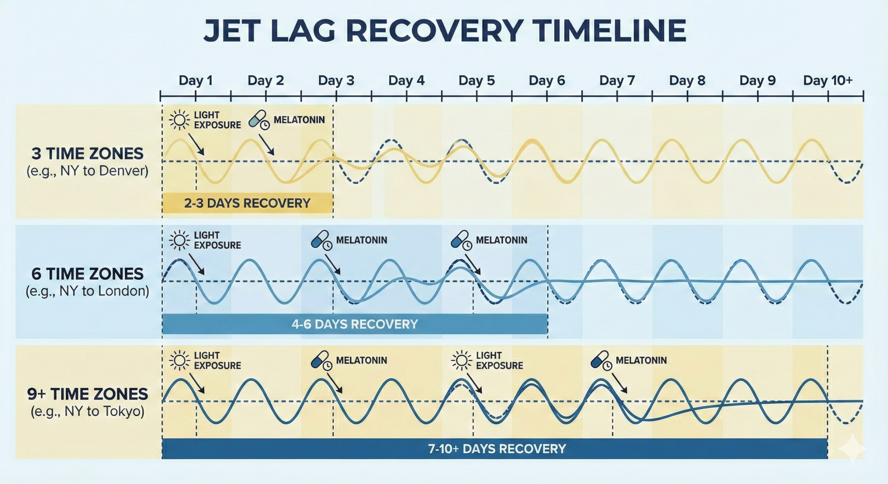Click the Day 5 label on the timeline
pyautogui.click(x=476, y=80)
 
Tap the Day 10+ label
pyautogui.click(x=828, y=80)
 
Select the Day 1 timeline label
pyautogui.click(x=195, y=80)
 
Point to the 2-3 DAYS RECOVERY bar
pyautogui.click(x=247, y=203)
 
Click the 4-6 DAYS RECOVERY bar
pyautogui.click(x=355, y=324)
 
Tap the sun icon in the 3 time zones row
pyautogui.click(x=179, y=120)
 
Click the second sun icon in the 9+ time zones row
pyautogui.click(x=461, y=361)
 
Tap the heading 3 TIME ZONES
pyautogui.click(x=87, y=154)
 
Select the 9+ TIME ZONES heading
pyautogui.click(x=87, y=394)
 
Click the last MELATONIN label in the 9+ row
pyautogui.click(x=641, y=361)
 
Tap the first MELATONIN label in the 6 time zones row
pyautogui.click(x=361, y=240)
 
